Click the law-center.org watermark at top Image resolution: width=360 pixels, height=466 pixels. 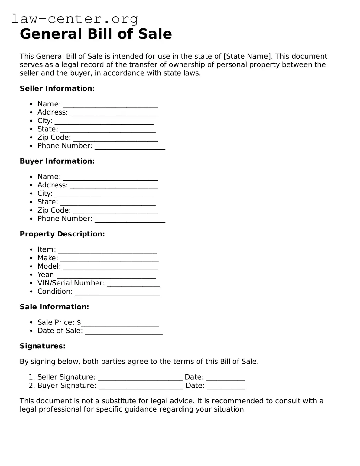pyautogui.click(x=75, y=19)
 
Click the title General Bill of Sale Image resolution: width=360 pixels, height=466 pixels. pyautogui.click(x=96, y=34)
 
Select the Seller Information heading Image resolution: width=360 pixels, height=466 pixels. pyautogui.click(x=57, y=89)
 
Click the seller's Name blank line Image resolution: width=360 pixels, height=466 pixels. pyautogui.click(x=110, y=105)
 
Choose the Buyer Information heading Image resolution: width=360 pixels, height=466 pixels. pyautogui.click(x=57, y=161)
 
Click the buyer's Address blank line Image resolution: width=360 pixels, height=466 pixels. pyautogui.click(x=114, y=186)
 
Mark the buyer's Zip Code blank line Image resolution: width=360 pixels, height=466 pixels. pyautogui.click(x=115, y=211)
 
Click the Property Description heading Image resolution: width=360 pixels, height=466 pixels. pyautogui.click(x=62, y=234)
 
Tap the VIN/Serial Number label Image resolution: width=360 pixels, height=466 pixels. pyautogui.click(x=71, y=283)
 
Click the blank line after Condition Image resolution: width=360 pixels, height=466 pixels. pyautogui.click(x=117, y=292)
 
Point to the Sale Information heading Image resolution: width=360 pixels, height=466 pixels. pyautogui.click(x=54, y=307)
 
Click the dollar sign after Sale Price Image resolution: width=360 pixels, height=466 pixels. pyautogui.click(x=79, y=322)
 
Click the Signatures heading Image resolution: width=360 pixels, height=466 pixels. pyautogui.click(x=43, y=346)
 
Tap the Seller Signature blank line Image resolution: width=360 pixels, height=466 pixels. pyautogui.click(x=140, y=378)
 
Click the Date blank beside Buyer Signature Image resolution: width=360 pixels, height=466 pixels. pyautogui.click(x=226, y=386)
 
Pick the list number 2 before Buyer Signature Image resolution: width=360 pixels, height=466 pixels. pyautogui.click(x=31, y=386)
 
